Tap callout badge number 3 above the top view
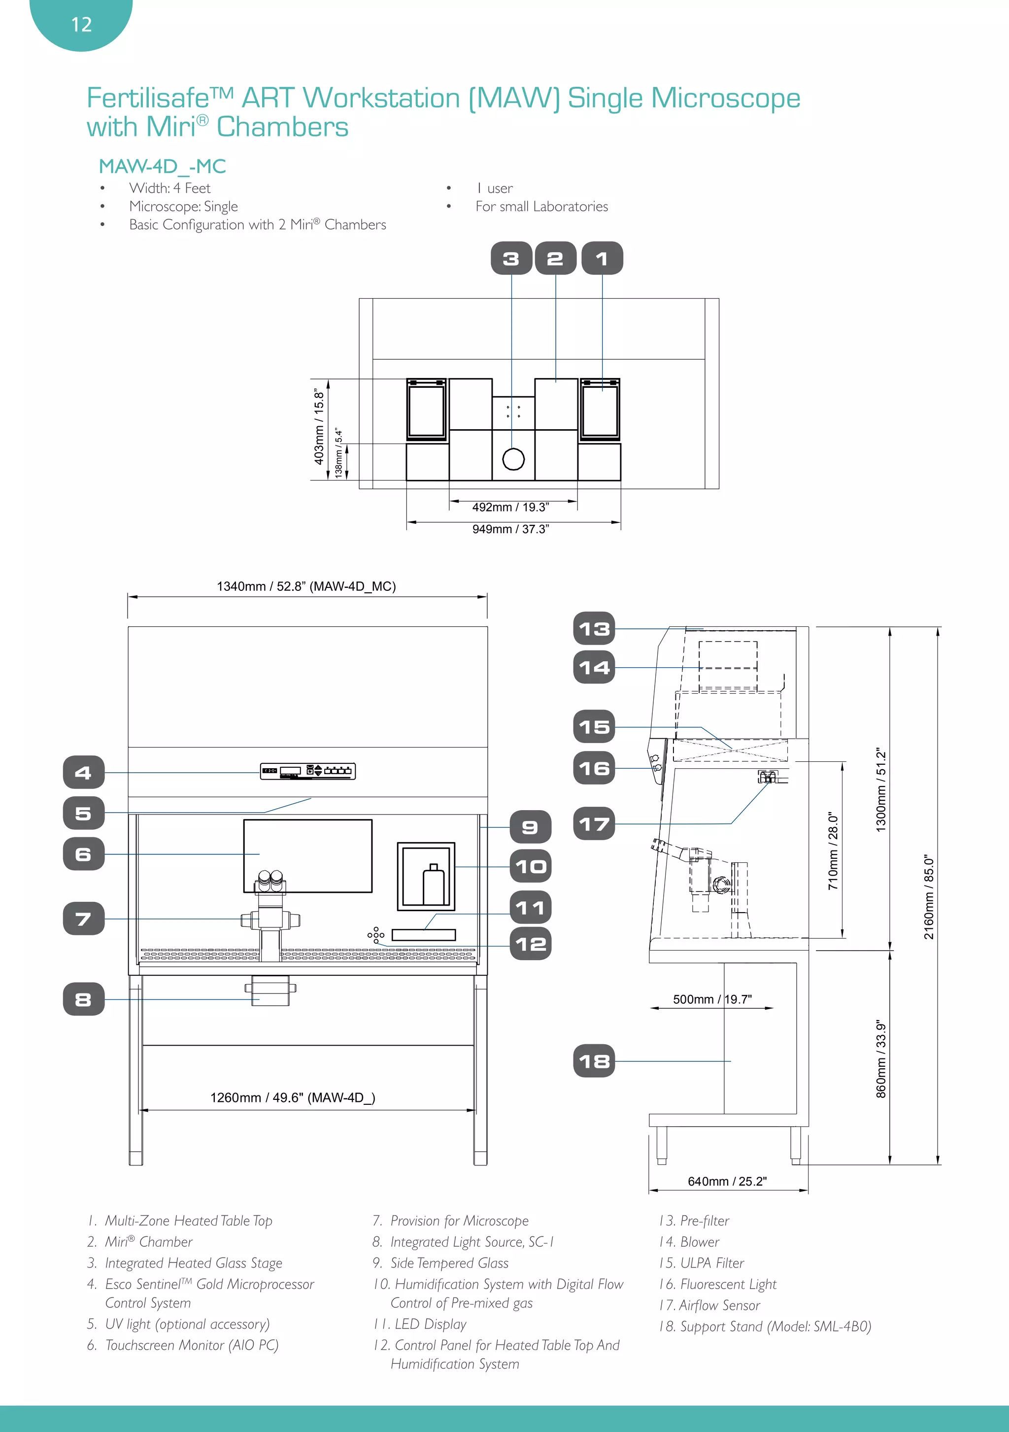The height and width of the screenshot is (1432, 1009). [x=511, y=258]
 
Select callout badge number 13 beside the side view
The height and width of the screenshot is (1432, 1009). [x=594, y=629]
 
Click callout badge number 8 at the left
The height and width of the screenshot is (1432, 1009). [x=84, y=999]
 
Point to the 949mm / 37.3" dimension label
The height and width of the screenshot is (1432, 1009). [x=511, y=529]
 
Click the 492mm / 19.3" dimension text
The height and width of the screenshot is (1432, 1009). [x=511, y=507]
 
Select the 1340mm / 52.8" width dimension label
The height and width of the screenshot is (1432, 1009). [x=306, y=586]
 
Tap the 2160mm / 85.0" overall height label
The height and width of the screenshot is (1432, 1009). [x=929, y=897]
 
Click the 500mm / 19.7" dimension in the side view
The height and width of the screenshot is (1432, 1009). [x=712, y=999]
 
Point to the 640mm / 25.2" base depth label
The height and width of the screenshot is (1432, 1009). [x=727, y=1181]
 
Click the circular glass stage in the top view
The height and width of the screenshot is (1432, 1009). [x=513, y=459]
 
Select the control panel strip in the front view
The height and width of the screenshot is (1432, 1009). [x=307, y=772]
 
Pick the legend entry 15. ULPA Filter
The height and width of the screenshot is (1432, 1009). [x=702, y=1263]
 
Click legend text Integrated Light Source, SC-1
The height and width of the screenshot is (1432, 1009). [x=471, y=1242]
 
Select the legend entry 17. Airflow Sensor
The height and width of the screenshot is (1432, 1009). [x=709, y=1305]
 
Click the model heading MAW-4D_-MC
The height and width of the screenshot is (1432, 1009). [x=162, y=167]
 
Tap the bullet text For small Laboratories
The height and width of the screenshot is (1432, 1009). [x=541, y=206]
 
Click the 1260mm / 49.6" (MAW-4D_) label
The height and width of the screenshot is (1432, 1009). [x=293, y=1098]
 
